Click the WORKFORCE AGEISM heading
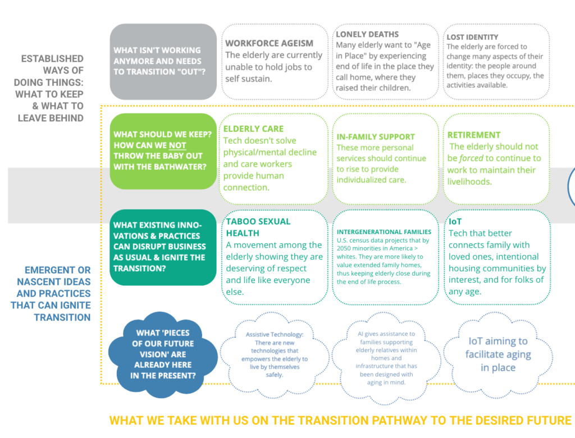pyautogui.click(x=269, y=43)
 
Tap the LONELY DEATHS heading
pyautogui.click(x=367, y=34)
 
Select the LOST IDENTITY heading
pyautogui.click(x=472, y=37)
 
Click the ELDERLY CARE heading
pyautogui.click(x=253, y=129)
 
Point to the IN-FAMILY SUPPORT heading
pyautogui.click(x=376, y=137)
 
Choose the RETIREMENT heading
pyautogui.click(x=474, y=135)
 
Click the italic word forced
pyautogui.click(x=471, y=158)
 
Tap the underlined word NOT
pyautogui.click(x=177, y=145)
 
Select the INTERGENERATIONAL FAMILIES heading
pyautogui.click(x=384, y=232)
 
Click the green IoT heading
pyautogui.click(x=455, y=222)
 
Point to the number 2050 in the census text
pyautogui.click(x=344, y=248)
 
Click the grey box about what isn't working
pyautogui.click(x=163, y=62)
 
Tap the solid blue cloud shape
pyautogui.click(x=163, y=354)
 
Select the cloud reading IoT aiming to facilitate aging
pyautogui.click(x=498, y=355)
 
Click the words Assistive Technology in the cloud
pyautogui.click(x=274, y=335)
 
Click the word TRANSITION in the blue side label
pyautogui.click(x=62, y=317)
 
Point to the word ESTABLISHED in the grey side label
pyautogui.click(x=52, y=59)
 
